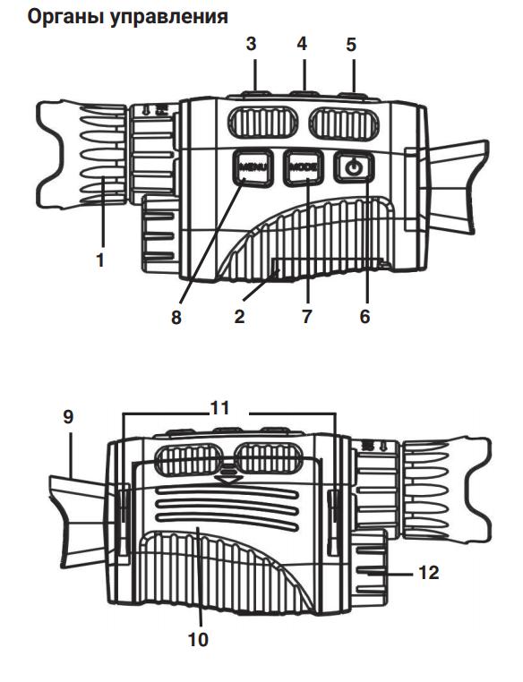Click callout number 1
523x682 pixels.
(101, 260)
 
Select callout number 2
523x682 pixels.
(240, 317)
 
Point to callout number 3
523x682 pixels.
(252, 43)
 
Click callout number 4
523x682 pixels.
(302, 43)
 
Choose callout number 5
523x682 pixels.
(350, 43)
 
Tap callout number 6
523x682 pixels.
(364, 317)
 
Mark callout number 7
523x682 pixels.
(307, 317)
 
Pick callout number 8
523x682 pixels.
(176, 317)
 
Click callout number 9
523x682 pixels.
(69, 416)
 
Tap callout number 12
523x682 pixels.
(429, 572)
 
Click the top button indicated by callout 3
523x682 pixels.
(253, 90)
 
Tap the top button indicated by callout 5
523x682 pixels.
(352, 90)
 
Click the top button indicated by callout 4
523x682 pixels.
(302, 90)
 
